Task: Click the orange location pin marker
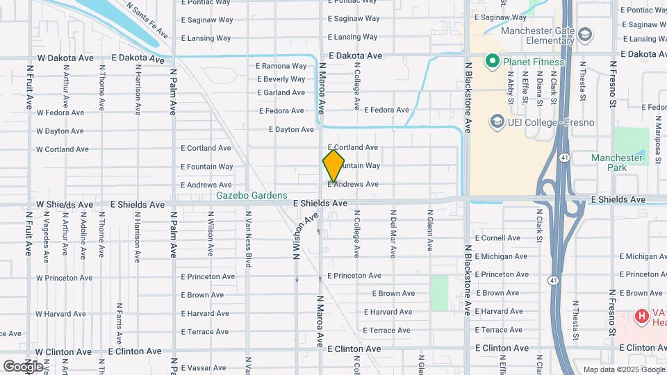coord(333,166)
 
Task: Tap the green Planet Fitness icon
coord(493,62)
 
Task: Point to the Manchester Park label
coord(617,162)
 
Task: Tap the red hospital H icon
coord(641,317)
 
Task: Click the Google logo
coord(23,366)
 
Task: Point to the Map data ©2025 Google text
coord(622,369)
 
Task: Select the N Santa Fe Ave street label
coord(147,19)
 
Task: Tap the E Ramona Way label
coord(281,66)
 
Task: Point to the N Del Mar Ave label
coord(393,234)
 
